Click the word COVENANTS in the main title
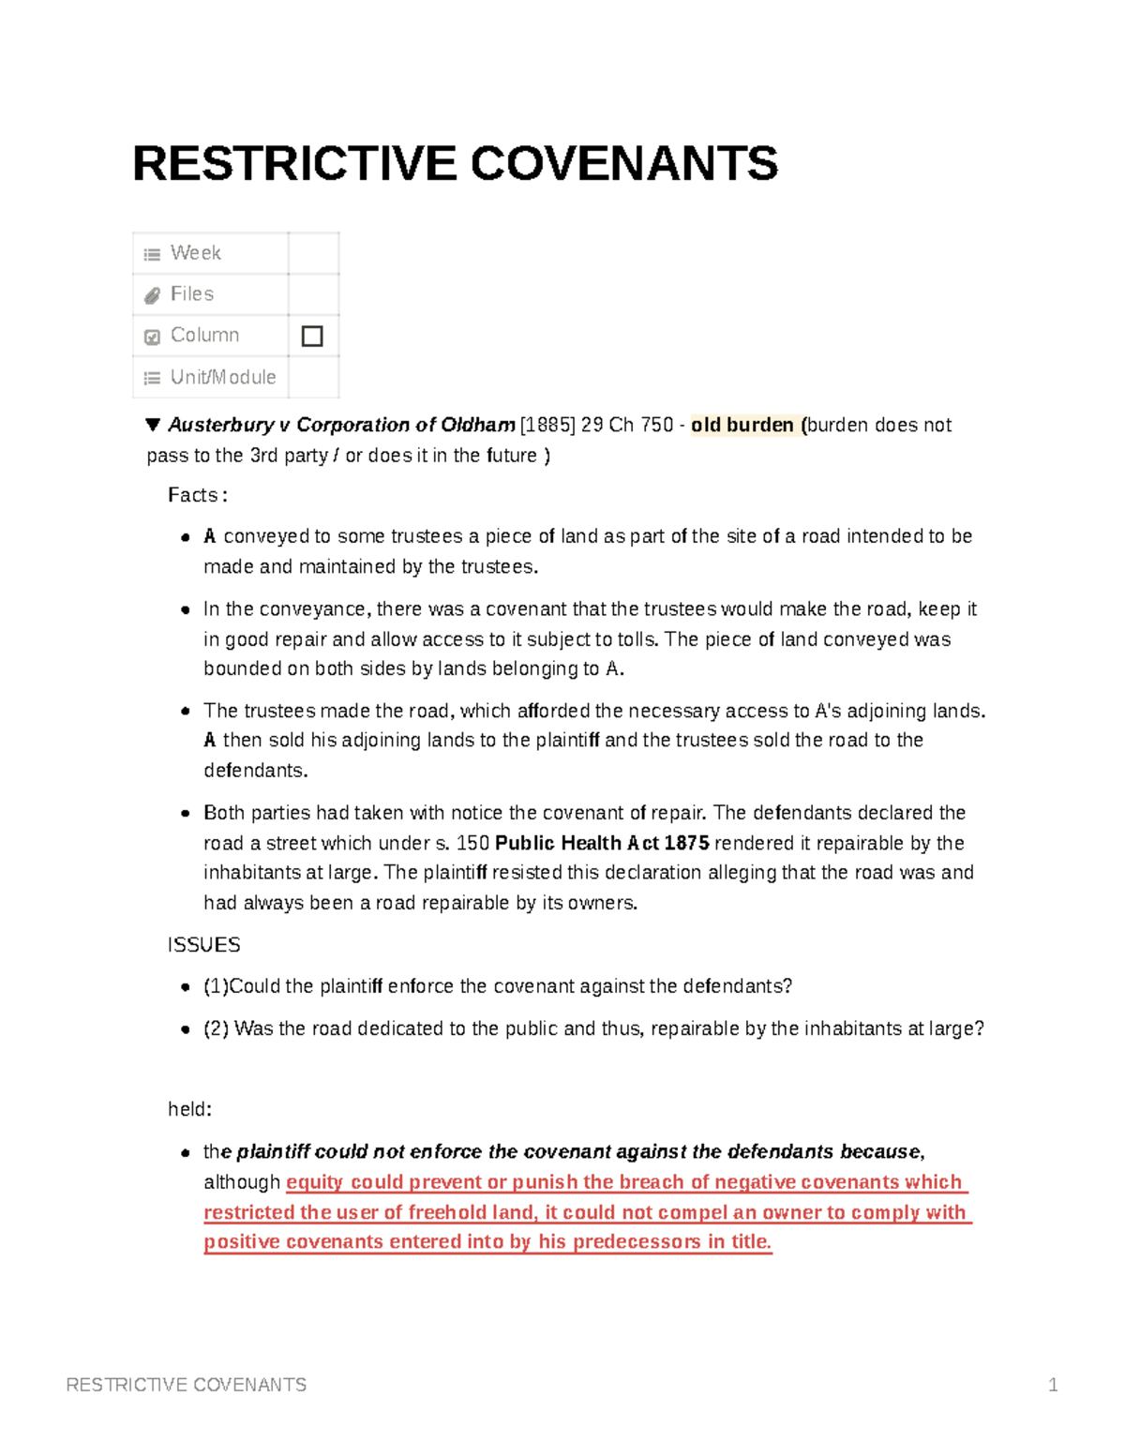[623, 164]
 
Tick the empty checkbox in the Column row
[312, 336]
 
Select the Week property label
[195, 253]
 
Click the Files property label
[192, 294]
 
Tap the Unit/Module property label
[223, 377]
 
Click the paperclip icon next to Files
[152, 295]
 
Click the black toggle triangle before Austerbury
[153, 425]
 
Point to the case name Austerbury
[220, 425]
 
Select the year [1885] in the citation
[547, 425]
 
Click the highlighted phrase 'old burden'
[742, 425]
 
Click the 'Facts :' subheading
[197, 495]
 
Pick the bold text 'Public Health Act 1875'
[602, 843]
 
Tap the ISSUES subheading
[203, 945]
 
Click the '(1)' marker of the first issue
[216, 986]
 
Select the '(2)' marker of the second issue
[216, 1028]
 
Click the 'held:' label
[189, 1109]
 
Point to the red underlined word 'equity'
[315, 1182]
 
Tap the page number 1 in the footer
[1053, 1385]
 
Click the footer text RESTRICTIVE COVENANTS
[187, 1385]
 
